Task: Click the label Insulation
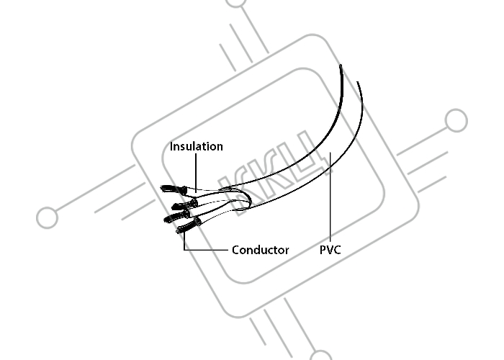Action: click(x=197, y=147)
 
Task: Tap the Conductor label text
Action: click(x=261, y=250)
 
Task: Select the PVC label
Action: click(x=330, y=250)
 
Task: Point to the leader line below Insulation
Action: click(x=196, y=173)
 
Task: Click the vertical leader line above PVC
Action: click(x=330, y=197)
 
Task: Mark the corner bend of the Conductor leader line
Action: click(x=184, y=249)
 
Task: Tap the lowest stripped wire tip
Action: click(x=179, y=231)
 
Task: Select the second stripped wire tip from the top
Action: click(x=174, y=207)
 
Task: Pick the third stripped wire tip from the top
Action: click(x=166, y=220)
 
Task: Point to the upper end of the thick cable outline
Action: click(x=341, y=66)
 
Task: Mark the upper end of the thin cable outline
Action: click(x=357, y=82)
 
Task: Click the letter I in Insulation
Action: click(x=171, y=147)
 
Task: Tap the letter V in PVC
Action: click(x=330, y=250)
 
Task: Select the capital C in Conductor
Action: click(x=235, y=250)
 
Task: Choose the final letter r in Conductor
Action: click(x=287, y=251)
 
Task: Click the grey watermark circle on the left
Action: click(x=48, y=217)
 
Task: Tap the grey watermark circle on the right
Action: click(x=456, y=120)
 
